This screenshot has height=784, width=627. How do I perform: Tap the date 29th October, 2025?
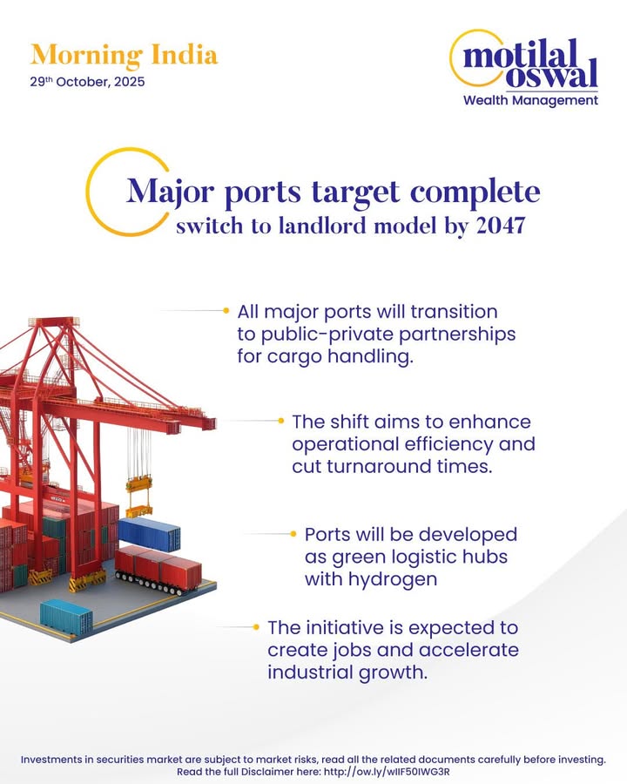pos(87,83)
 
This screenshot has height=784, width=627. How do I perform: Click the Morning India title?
pos(124,55)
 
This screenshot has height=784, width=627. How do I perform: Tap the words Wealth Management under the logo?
pos(530,100)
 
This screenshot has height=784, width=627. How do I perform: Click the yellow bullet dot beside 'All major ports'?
pos(226,310)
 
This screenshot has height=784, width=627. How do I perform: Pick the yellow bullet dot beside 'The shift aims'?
pos(281,421)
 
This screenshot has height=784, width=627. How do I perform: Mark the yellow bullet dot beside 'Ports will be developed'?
pos(294,533)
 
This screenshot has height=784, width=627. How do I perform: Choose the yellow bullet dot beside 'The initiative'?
pos(256,627)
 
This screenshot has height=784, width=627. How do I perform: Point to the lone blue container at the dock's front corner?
pos(66,615)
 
